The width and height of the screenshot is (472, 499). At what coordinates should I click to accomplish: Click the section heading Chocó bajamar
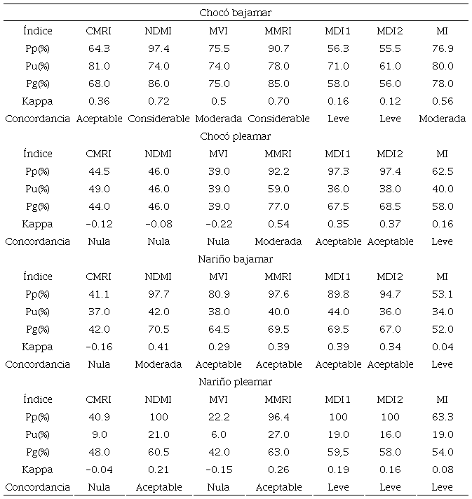pos(236,13)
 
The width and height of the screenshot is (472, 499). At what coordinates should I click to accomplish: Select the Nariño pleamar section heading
pos(236,382)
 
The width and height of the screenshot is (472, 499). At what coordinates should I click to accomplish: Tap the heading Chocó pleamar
pos(236,136)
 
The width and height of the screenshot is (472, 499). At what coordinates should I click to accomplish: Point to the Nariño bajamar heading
pos(236,259)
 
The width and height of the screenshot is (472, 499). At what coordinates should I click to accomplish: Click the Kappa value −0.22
pos(218,224)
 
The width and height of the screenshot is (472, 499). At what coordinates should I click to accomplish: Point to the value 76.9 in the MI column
pos(442,48)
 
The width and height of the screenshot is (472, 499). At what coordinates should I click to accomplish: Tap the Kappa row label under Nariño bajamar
pos(37,347)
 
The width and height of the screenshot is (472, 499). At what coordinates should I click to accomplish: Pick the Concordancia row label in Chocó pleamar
pos(37,241)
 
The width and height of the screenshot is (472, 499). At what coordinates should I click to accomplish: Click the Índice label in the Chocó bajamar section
pos(37,31)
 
